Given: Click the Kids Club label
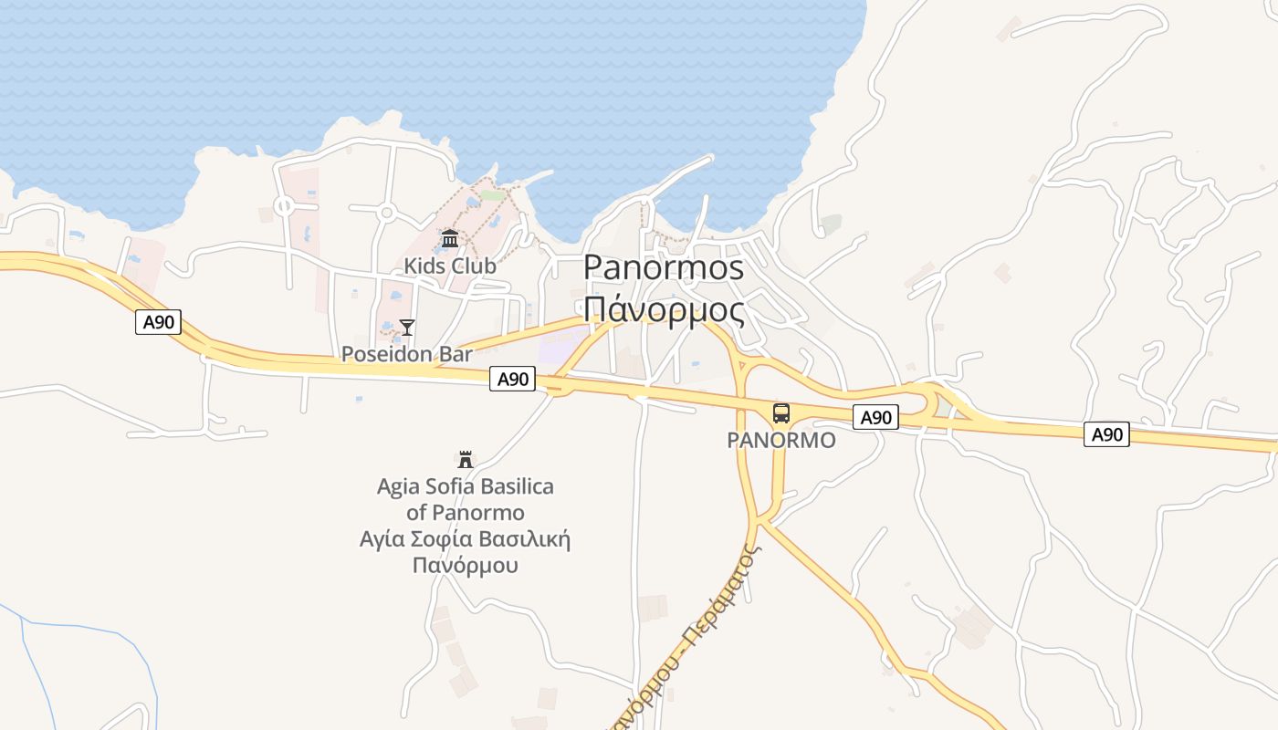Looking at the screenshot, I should (450, 266).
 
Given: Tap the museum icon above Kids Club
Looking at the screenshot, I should (449, 239).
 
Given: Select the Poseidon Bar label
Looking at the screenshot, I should (406, 354).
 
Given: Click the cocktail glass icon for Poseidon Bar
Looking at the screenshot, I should (407, 327).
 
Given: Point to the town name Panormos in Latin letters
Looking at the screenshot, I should (664, 268).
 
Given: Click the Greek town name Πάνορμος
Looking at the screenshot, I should (664, 310).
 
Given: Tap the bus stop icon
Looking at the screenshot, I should (781, 413).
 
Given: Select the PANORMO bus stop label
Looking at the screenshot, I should (780, 441).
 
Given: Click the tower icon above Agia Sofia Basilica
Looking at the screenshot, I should (466, 459).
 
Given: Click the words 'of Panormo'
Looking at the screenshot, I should (466, 513).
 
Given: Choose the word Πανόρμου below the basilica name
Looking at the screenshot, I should (466, 565).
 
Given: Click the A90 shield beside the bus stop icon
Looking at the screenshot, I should (875, 418).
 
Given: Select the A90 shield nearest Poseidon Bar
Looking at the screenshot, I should (512, 380).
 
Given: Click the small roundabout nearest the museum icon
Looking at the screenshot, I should (386, 214).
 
